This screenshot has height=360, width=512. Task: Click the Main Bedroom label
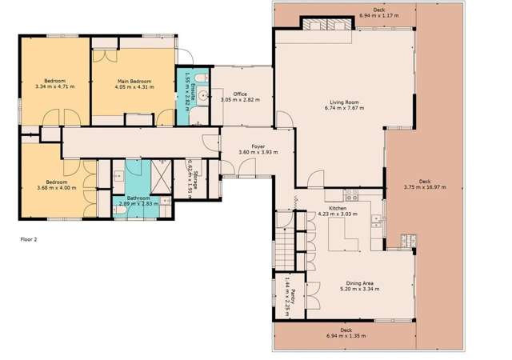tap(135, 81)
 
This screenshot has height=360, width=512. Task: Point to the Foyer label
tap(258, 146)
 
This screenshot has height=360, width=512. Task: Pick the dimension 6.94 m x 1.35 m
tap(346, 336)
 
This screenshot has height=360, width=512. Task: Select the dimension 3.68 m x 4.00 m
tap(56, 189)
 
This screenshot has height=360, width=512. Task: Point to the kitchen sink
tap(350, 195)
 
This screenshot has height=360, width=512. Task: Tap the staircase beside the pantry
tap(284, 238)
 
